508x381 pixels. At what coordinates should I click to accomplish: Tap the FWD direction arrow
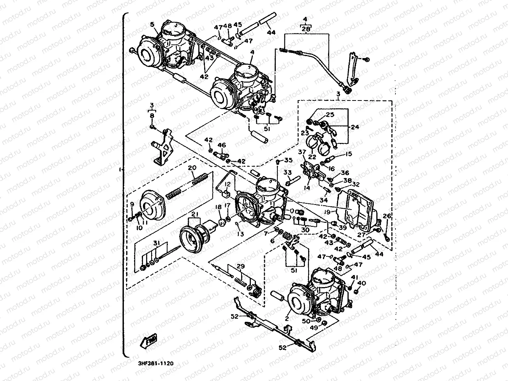pos(148,341)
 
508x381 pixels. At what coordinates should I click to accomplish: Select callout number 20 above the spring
pos(191,168)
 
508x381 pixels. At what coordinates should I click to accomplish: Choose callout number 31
pos(156,244)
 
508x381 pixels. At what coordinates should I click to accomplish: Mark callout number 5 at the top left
pos(152,25)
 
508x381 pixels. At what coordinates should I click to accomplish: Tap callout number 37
pos(302,152)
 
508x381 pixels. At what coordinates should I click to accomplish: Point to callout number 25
pos(330,115)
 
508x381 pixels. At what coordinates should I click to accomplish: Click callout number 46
pos(222,145)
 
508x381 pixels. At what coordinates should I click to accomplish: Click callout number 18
pos(219,207)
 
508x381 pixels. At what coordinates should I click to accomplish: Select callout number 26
pos(387,216)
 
